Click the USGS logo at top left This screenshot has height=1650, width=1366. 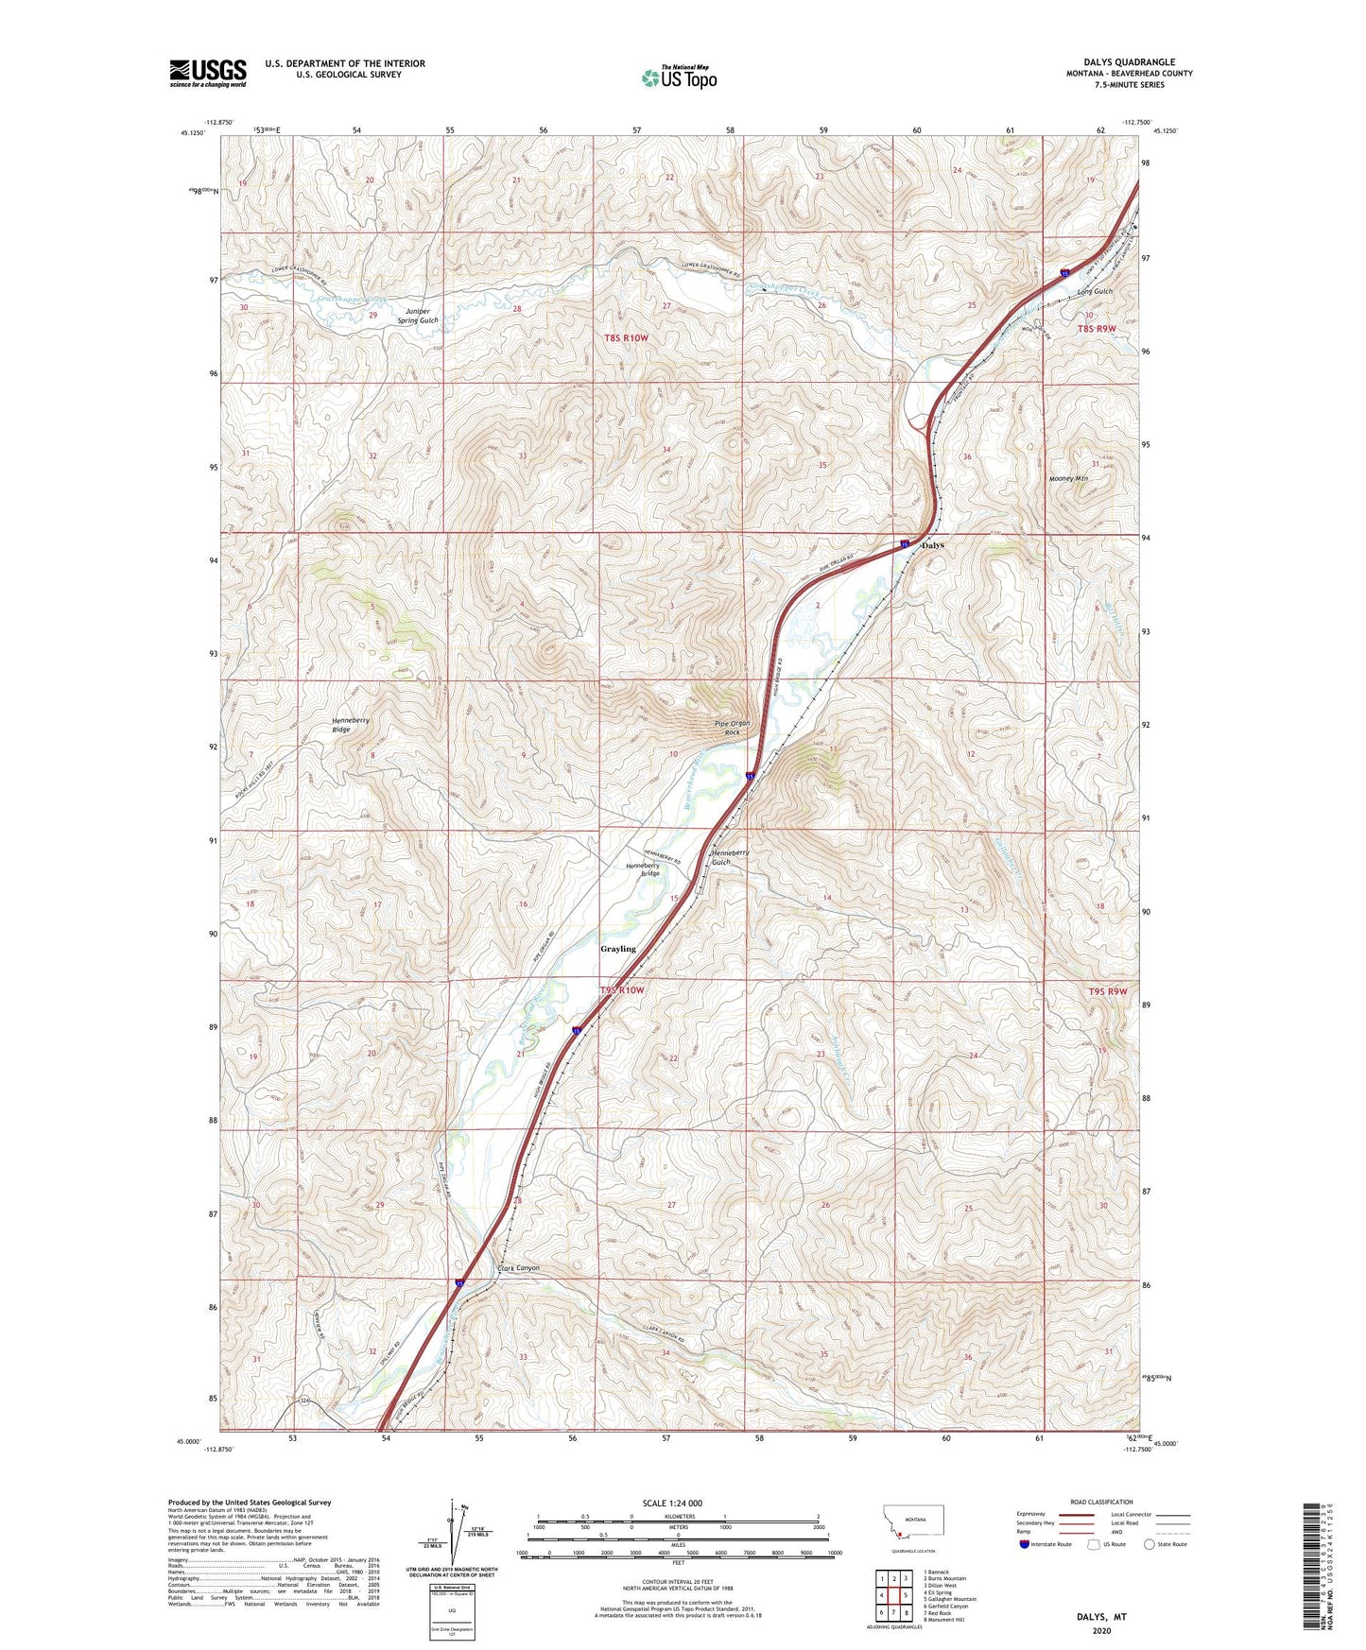tap(208, 73)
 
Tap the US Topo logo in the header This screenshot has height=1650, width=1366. tap(679, 77)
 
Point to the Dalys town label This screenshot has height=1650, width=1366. tap(932, 545)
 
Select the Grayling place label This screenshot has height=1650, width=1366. tap(618, 948)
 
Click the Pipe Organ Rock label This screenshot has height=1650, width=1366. tap(732, 728)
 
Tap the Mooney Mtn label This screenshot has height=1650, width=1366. tap(1068, 478)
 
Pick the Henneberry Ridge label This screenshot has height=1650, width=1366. tap(351, 724)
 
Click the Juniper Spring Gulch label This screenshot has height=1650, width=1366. tap(417, 316)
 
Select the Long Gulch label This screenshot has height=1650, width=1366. tap(1095, 292)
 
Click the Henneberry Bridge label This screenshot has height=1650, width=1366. tap(643, 869)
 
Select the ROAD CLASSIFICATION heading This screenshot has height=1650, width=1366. tap(1101, 1502)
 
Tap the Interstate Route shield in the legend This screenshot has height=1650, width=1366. tap(1025, 1545)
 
